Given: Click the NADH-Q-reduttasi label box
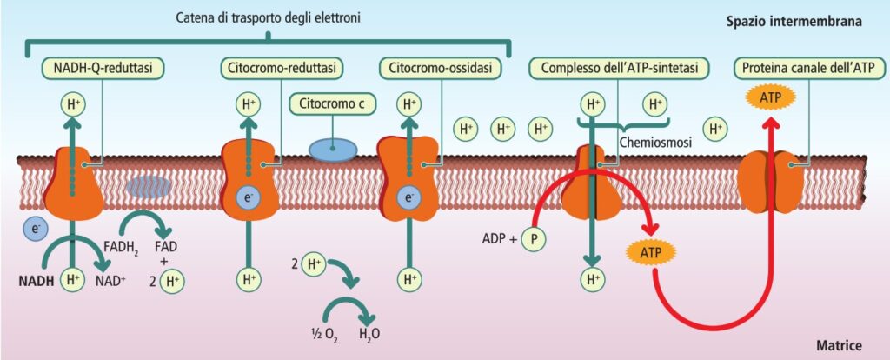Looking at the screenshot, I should [x=103, y=67].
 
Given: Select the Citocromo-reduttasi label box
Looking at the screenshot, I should [x=279, y=67].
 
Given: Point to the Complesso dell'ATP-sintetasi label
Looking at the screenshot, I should [x=621, y=67].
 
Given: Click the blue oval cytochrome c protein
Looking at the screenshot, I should [x=332, y=148].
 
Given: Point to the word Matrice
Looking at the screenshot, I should [x=839, y=345].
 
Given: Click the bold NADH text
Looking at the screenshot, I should [x=37, y=280].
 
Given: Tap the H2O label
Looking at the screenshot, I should [x=369, y=333].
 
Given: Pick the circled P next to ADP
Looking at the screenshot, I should [x=533, y=238].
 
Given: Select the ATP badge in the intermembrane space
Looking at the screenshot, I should [x=770, y=98].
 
